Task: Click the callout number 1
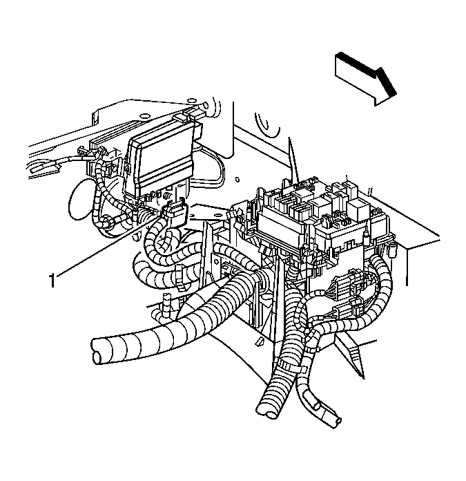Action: pos(52,280)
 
